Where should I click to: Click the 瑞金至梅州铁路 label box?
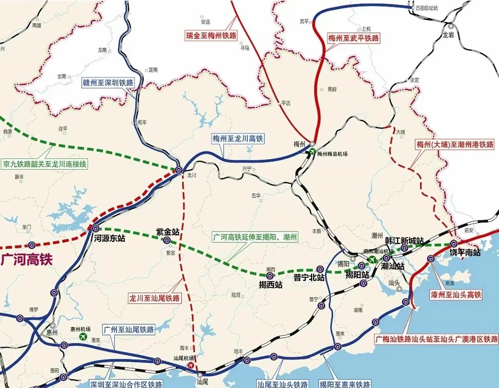(x=211, y=35)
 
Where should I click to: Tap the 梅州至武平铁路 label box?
(x=353, y=39)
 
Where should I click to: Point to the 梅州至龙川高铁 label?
(x=238, y=139)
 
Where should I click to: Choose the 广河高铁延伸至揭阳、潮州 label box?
(x=255, y=237)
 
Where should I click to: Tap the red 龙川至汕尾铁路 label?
(x=154, y=298)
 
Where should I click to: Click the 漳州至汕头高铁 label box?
(x=456, y=295)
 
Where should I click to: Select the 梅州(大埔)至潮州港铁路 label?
(x=455, y=144)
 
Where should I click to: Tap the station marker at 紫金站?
(x=167, y=240)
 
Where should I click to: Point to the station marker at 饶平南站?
(x=454, y=244)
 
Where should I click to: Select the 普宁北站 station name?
(x=309, y=278)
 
